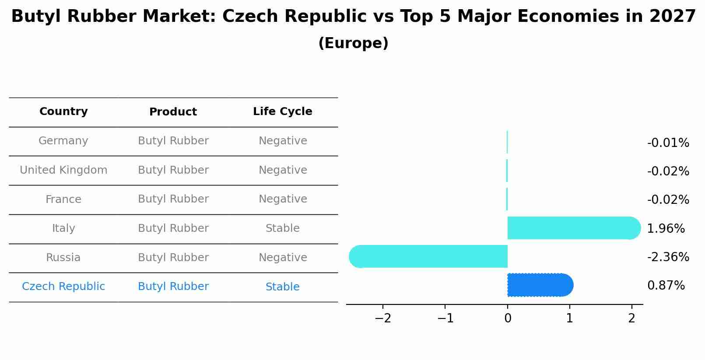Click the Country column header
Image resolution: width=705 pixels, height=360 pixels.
63,112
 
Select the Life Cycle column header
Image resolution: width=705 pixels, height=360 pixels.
282,112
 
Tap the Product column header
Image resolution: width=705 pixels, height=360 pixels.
173,112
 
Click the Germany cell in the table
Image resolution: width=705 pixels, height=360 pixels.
63,141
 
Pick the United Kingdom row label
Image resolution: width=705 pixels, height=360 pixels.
63,170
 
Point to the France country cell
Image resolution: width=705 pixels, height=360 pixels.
63,199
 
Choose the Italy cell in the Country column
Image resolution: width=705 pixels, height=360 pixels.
63,228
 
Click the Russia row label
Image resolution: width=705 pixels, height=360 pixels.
63,258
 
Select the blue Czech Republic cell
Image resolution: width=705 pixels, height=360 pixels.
63,287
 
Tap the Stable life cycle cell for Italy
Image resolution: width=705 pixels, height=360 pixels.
282,228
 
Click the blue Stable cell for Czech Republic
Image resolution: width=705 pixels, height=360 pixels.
282,287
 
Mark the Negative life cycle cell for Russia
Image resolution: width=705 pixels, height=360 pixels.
282,258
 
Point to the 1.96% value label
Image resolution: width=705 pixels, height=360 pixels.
666,228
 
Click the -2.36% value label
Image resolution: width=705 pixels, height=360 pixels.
668,257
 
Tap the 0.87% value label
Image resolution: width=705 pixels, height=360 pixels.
666,286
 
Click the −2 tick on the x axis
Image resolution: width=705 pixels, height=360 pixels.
383,318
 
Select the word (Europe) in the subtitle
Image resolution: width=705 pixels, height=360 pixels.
353,43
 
